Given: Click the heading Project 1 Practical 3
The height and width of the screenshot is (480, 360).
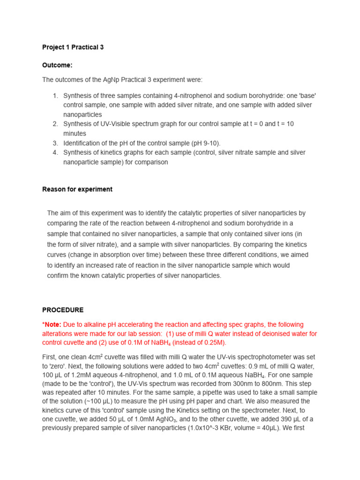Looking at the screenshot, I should pos(73,47).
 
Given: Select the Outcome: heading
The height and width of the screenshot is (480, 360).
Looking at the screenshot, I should pos(57,65).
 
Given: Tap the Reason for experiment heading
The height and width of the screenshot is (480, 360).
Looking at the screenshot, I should pos(77,189).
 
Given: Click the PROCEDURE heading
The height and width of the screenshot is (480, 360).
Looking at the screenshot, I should pos(63,310).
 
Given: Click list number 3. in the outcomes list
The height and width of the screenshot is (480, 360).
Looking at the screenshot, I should pos(55,143).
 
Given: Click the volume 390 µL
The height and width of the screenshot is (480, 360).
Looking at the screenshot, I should pos(280,419).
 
